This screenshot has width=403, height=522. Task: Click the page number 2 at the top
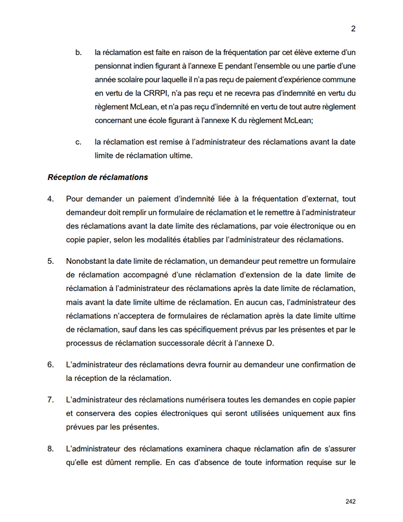[354, 28]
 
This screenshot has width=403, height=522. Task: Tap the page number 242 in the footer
[351, 501]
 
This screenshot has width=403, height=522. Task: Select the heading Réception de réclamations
[98, 177]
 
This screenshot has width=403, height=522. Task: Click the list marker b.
[78, 52]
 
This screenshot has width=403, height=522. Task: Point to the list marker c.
[78, 142]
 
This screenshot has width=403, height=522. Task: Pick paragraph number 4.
[50, 199]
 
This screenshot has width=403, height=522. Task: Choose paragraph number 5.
[50, 261]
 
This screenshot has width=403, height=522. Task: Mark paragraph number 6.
[50, 365]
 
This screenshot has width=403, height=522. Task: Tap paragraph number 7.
[50, 399]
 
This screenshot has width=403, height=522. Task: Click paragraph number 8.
[50, 448]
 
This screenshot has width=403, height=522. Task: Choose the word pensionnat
[116, 67]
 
